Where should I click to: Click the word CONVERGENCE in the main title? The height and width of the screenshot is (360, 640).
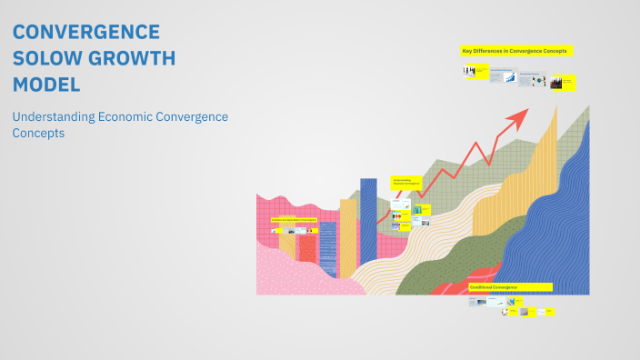click(x=86, y=33)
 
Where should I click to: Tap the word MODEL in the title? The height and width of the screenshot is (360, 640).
click(x=46, y=85)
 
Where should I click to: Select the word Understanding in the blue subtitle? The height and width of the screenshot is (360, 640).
click(x=56, y=117)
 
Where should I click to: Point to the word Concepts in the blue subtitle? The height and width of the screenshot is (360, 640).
click(x=38, y=133)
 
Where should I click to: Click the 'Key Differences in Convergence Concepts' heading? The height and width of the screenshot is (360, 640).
click(x=515, y=52)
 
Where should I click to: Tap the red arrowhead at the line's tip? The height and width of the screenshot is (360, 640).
click(x=522, y=114)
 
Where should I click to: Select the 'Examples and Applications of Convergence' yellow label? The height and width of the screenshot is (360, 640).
click(x=287, y=220)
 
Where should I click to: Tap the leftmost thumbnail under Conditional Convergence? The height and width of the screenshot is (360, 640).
click(x=475, y=301)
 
